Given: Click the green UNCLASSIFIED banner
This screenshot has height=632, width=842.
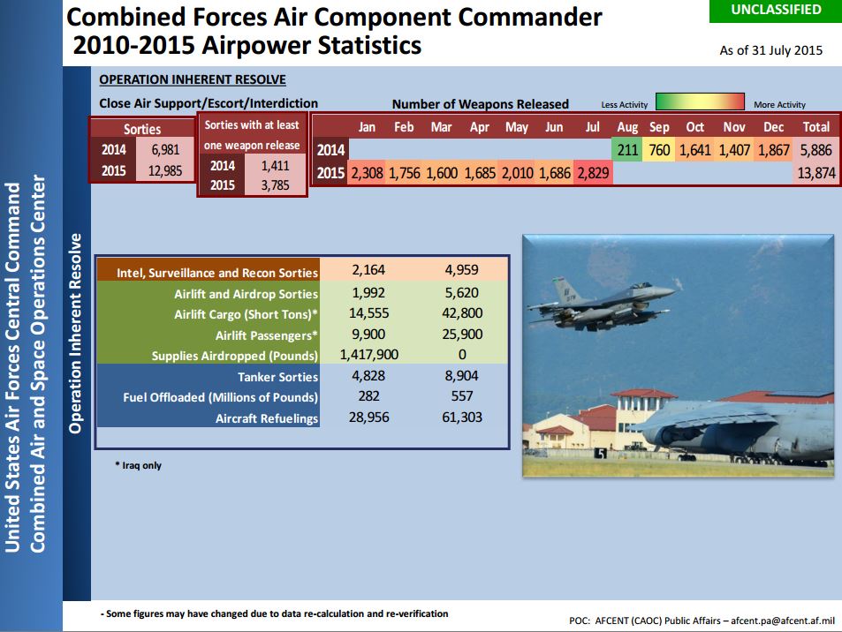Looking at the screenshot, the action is point(776,11).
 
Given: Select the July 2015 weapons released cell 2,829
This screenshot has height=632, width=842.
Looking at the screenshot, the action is point(593,173).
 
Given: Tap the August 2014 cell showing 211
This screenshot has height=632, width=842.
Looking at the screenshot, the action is point(626,150).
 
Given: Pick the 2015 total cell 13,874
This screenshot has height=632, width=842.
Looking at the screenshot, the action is point(816,173).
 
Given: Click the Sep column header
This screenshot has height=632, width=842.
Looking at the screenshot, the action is point(659,127).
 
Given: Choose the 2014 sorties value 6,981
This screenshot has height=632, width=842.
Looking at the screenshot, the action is point(165,150).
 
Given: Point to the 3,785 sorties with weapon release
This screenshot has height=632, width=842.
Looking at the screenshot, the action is point(275,185).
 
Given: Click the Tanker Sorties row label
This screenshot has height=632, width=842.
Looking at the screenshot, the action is point(277,377).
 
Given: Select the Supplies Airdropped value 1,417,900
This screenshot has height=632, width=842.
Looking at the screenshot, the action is point(369,355).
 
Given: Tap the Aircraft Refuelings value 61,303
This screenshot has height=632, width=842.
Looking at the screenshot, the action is point(462,418).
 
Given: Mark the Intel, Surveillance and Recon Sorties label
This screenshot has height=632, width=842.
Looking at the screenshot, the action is point(217,273).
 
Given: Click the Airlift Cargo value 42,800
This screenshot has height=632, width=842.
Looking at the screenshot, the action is point(462,313).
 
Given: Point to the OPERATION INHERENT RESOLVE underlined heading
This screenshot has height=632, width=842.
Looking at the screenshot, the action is point(193,79).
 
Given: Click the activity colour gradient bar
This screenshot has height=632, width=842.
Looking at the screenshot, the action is point(701,102).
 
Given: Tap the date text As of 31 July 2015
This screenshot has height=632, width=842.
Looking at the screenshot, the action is point(770,50).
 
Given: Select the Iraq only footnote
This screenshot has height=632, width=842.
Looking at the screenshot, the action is point(138,465).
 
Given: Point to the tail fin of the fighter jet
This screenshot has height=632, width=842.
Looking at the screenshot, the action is point(565,290).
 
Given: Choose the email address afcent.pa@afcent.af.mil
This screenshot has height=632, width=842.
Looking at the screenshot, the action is point(783,621).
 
